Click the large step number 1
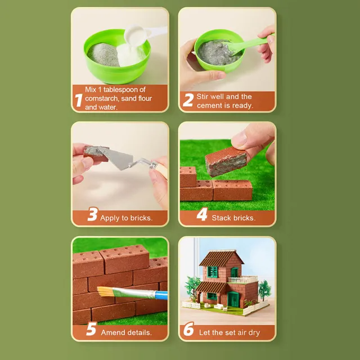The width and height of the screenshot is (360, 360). tap(79, 100)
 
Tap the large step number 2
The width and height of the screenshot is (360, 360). tap(188, 100)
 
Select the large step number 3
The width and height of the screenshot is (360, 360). tap(93, 214)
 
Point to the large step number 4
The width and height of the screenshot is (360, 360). tap(202, 214)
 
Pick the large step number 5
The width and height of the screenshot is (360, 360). tap(91, 328)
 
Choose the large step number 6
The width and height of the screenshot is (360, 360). tap(189, 328)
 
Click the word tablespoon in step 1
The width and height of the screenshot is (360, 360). tap(121, 90)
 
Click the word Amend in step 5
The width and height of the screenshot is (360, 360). tap(112, 332)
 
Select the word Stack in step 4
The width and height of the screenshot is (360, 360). tap(220, 218)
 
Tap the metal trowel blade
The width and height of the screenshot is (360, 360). tap(116, 157)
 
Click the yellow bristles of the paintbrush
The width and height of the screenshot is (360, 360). tap(106, 291)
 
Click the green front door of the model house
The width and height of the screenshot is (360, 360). tap(233, 299)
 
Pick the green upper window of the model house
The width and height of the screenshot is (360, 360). tap(213, 272)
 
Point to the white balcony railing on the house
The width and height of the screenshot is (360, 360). tap(242, 280)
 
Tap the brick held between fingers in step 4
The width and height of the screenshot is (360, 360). tap(226, 161)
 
